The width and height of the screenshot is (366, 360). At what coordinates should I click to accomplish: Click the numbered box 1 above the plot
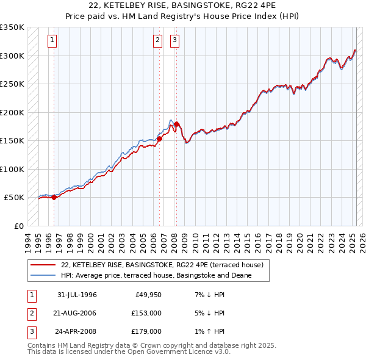(x=52, y=41)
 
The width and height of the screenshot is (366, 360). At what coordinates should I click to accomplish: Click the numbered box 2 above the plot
(x=157, y=41)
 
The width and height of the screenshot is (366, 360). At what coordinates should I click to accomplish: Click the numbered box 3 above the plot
(x=174, y=41)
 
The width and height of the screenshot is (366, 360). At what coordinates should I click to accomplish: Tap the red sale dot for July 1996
(x=54, y=197)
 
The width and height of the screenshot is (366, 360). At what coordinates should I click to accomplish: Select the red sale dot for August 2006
(x=159, y=139)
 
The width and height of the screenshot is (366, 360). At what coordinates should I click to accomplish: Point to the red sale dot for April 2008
(x=176, y=124)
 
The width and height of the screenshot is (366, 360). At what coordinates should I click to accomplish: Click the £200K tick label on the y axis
(x=12, y=112)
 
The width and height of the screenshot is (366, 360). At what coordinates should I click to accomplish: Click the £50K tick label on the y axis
(x=15, y=198)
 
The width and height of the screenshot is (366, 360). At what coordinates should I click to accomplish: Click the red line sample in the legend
(x=43, y=265)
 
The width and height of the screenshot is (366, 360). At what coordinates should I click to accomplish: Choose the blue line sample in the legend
(x=43, y=276)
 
